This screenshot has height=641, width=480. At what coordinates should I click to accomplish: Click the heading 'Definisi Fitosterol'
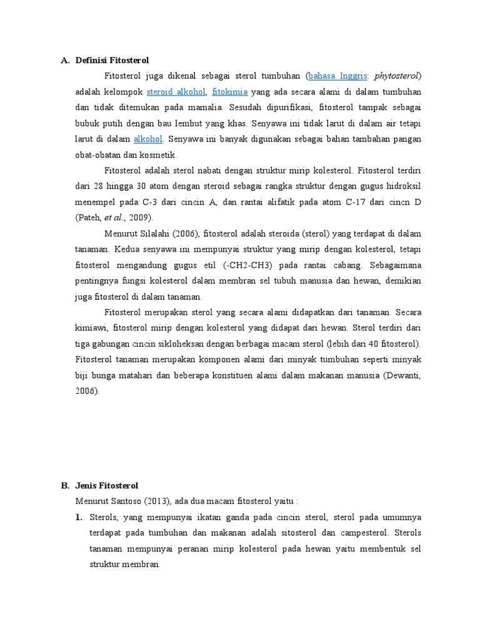pyautogui.click(x=112, y=61)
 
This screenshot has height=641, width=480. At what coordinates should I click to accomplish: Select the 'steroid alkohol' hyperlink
pyautogui.click(x=181, y=91)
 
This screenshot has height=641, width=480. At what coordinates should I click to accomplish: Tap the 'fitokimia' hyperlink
pyautogui.click(x=230, y=91)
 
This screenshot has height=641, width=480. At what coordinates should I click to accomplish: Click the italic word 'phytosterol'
pyautogui.click(x=398, y=76)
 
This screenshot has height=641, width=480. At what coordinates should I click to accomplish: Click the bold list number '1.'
pyautogui.click(x=79, y=518)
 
